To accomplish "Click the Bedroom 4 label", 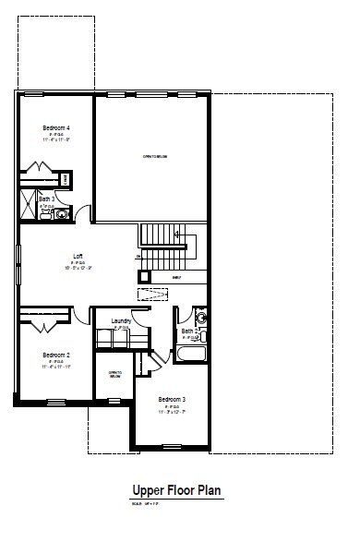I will click(x=56, y=126).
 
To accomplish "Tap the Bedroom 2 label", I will click(x=56, y=354).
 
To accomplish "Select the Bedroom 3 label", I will click(x=172, y=399).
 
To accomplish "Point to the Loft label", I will click(x=79, y=256).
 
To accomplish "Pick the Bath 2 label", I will click(x=189, y=331).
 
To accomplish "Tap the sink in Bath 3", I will click(x=62, y=214).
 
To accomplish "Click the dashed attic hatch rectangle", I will click(x=150, y=295).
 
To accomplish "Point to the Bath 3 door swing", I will click(x=82, y=211).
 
